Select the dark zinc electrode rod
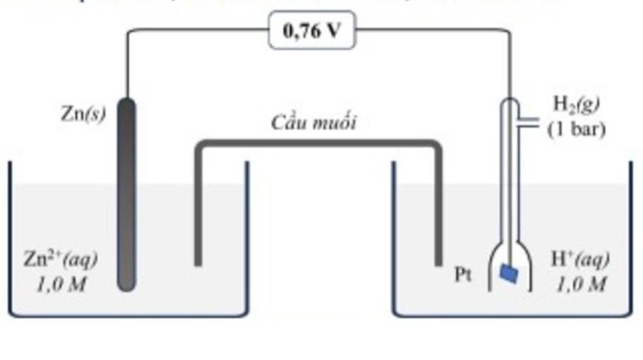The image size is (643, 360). point(127,193)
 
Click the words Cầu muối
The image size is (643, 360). point(314,123)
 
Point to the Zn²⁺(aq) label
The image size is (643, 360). point(60,260)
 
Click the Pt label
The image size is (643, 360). point(464,276)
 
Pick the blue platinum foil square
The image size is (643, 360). point(511,274)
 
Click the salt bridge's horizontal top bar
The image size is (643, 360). point(318,145)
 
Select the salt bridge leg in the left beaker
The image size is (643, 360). point(199,206)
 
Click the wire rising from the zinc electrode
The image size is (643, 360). point(127,64)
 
